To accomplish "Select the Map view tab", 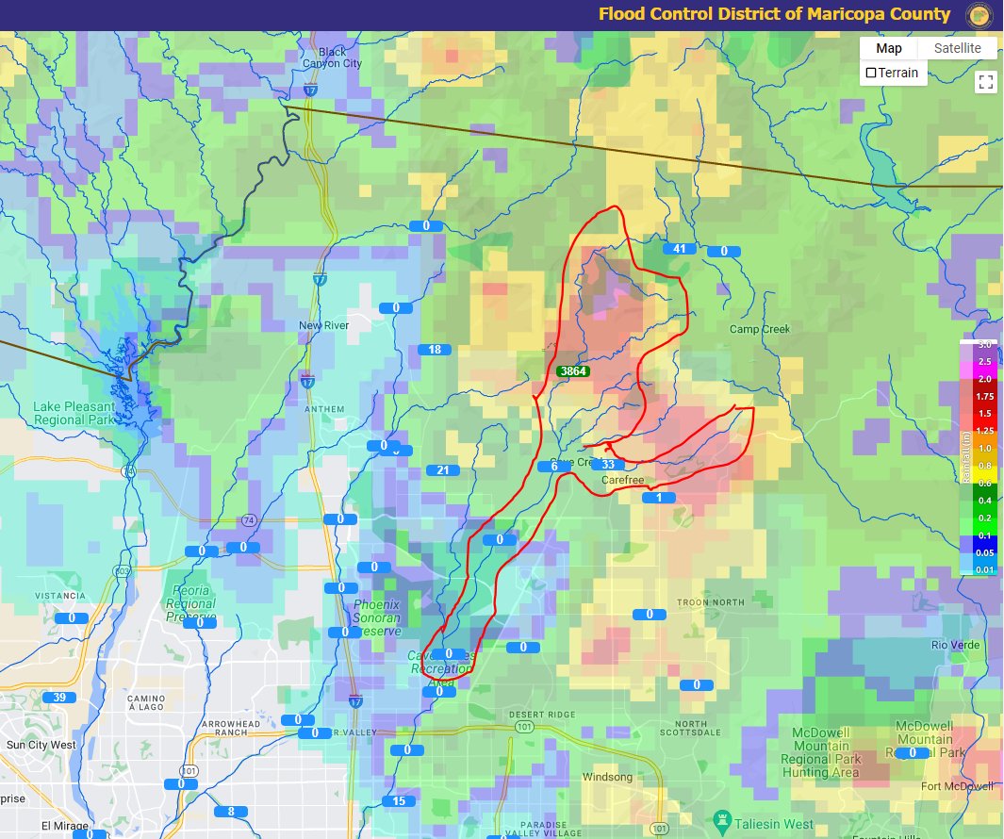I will click(x=888, y=48).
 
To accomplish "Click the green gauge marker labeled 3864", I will click(x=573, y=371).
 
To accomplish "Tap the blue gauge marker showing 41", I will click(x=679, y=249).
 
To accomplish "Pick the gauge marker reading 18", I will click(x=435, y=350).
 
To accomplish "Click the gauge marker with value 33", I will click(x=608, y=465).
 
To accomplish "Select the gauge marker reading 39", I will click(x=59, y=697).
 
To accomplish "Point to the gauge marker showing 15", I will click(x=399, y=801).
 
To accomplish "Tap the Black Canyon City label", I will click(x=332, y=58).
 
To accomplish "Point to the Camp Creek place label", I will click(x=759, y=329).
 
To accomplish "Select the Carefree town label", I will click(x=622, y=481).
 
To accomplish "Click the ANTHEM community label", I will click(x=323, y=396).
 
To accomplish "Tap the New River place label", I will click(x=323, y=325).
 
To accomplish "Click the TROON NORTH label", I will click(x=712, y=601).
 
